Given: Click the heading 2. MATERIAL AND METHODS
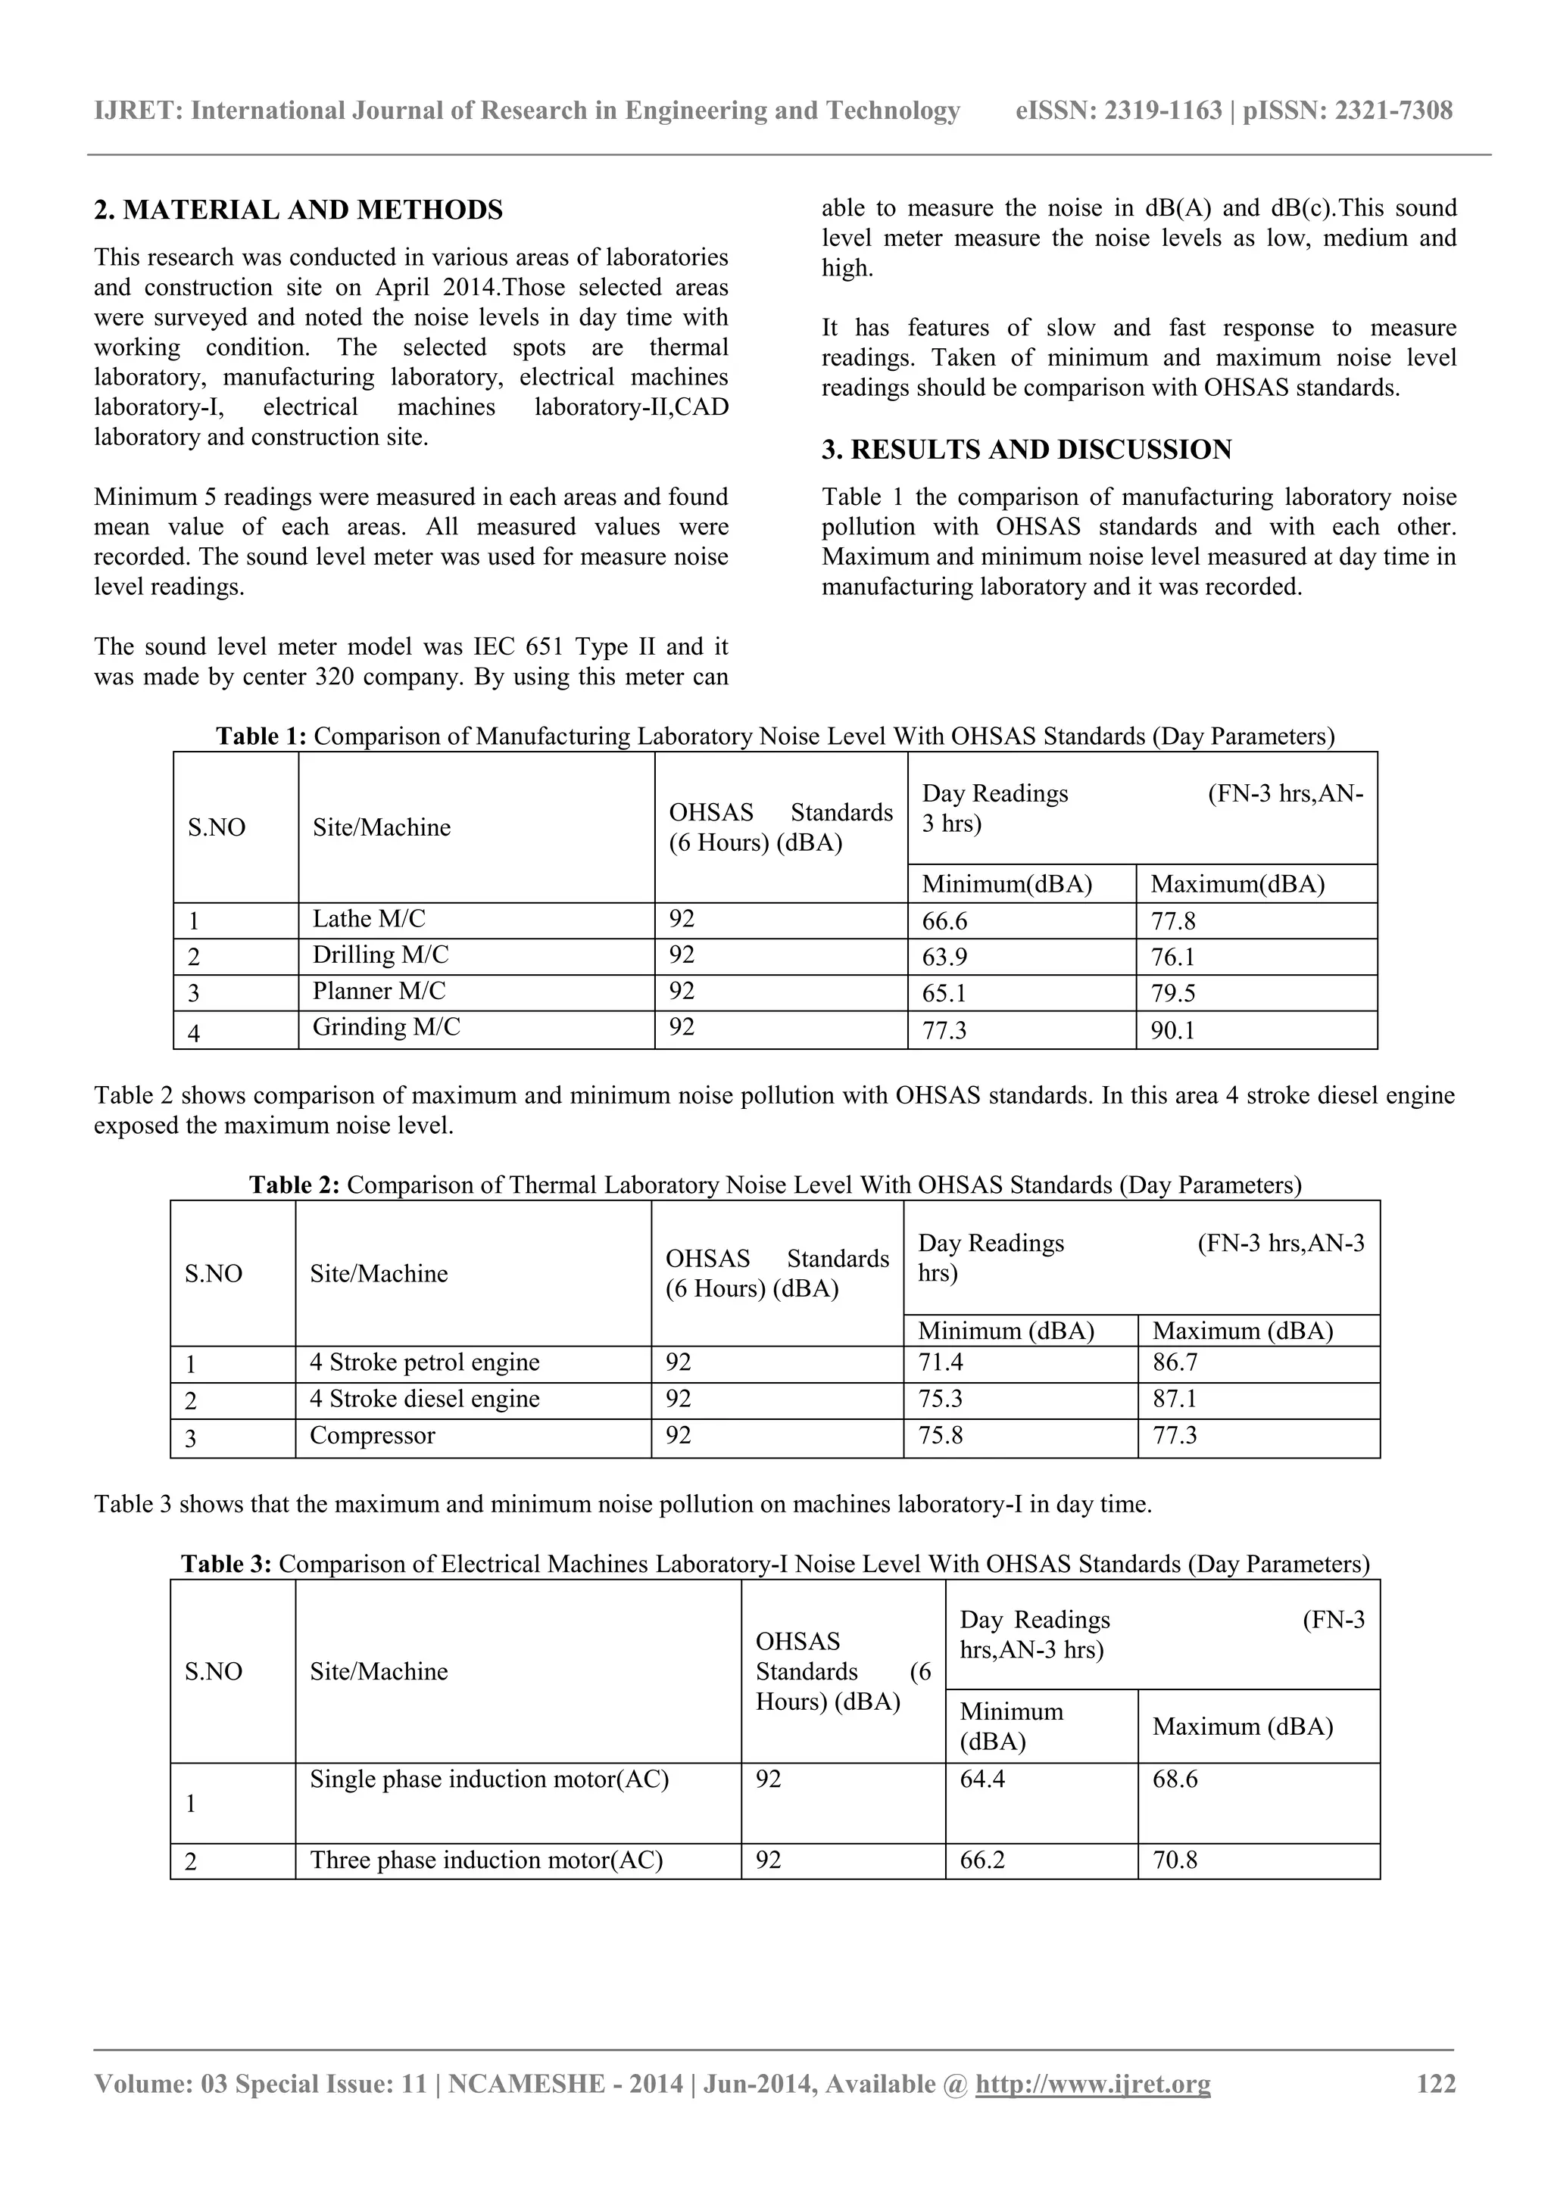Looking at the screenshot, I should (x=298, y=210).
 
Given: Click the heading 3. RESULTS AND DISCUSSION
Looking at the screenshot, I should (x=1027, y=450).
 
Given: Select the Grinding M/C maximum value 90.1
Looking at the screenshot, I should (x=1173, y=1031).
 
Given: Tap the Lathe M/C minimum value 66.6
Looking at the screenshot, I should (x=944, y=921).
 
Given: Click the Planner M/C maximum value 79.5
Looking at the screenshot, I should (x=1173, y=994).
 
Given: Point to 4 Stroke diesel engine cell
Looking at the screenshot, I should (x=424, y=1399).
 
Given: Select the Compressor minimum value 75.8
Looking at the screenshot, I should (x=940, y=1435).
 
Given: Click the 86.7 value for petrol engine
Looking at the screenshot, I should (x=1175, y=1362).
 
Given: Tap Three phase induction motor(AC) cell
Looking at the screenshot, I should (x=486, y=1860).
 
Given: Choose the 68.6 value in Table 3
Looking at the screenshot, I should (x=1175, y=1779).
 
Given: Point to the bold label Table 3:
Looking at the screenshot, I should (x=226, y=1564).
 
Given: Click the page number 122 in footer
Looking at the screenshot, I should (x=1435, y=2084).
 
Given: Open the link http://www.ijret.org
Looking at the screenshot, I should (x=1093, y=2084).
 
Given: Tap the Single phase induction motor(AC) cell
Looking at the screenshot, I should (x=489, y=1779).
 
